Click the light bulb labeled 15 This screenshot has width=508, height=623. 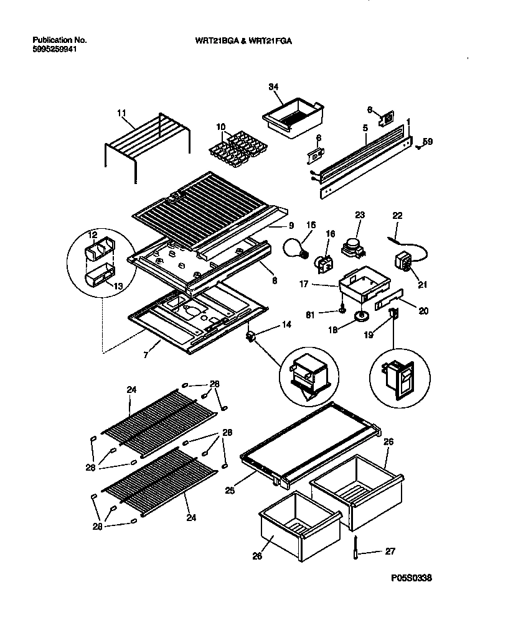[x=296, y=247]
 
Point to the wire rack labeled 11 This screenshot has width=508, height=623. [x=146, y=142]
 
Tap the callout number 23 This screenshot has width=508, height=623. [x=359, y=216]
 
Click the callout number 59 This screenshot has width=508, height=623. [x=428, y=141]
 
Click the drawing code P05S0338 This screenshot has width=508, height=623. [x=412, y=578]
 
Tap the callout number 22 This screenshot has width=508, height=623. [x=398, y=215]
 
